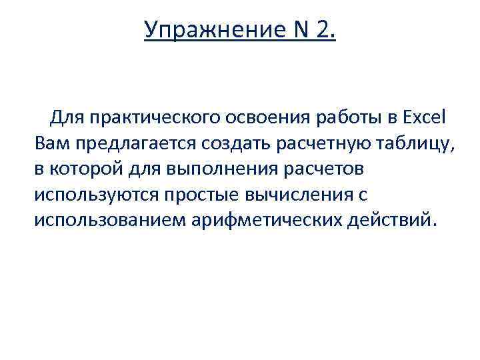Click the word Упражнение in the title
pos(207,30)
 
